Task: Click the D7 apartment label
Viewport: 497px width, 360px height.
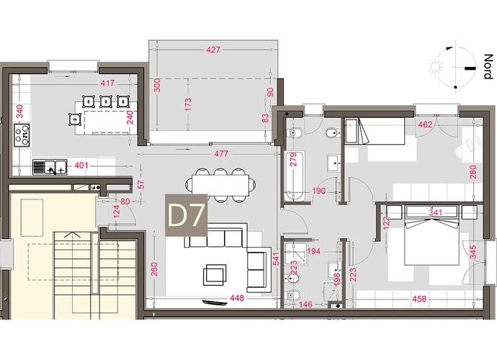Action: point(186,215)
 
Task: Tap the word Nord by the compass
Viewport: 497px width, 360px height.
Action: point(488,66)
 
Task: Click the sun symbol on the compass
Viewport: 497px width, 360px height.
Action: point(436,67)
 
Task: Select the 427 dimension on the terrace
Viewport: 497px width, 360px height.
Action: point(213,50)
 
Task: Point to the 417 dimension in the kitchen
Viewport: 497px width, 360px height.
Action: point(107,84)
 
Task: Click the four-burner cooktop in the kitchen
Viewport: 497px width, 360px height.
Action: point(22,135)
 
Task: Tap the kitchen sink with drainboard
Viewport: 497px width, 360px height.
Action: point(50,167)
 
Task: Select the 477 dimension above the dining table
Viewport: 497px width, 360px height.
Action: point(221,153)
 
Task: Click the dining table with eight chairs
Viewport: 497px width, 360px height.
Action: point(220,185)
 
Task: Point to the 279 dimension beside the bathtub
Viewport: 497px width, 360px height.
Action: point(293,160)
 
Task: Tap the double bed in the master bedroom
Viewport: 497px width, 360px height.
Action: point(432,235)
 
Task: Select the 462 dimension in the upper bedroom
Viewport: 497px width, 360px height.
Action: point(425,125)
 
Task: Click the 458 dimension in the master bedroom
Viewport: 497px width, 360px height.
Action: point(419,299)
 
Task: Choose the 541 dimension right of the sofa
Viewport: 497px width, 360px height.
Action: point(276,258)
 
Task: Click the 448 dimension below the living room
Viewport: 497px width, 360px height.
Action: point(237,298)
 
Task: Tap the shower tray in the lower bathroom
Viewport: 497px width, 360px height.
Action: point(296,253)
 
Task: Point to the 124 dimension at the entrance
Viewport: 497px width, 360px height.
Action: point(116,212)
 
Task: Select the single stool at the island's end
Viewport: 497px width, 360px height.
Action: point(75,119)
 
